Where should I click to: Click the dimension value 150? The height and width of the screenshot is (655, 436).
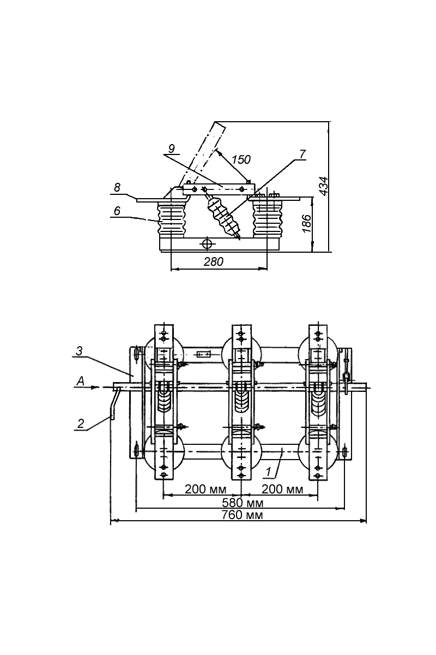(x=240, y=159)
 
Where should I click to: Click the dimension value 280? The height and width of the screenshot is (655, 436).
(x=213, y=262)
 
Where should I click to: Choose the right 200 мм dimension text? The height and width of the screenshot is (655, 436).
(x=282, y=489)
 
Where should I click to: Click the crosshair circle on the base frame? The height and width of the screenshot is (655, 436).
(x=207, y=243)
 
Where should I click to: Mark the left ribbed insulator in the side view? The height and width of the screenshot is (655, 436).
(x=172, y=218)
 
